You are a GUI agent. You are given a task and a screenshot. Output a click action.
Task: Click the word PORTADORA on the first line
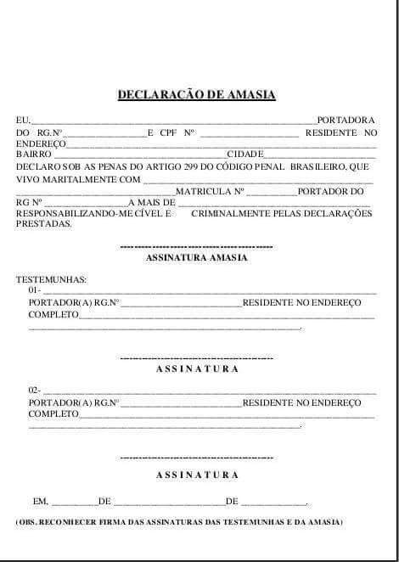(346, 121)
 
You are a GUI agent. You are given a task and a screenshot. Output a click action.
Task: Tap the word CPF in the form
(167, 133)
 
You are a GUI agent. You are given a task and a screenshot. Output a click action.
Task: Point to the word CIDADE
(244, 155)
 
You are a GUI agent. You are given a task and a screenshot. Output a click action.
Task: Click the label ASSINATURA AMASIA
(197, 257)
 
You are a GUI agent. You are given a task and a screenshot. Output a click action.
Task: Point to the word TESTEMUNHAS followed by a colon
(51, 279)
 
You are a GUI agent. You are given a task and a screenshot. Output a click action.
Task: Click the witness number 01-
(35, 290)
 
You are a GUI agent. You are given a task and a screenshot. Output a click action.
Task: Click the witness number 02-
(35, 391)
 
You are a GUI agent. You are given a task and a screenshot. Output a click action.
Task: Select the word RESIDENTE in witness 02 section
(268, 402)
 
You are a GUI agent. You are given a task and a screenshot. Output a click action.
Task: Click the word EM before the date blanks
(41, 502)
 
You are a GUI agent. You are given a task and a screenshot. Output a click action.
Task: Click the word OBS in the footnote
(29, 520)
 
